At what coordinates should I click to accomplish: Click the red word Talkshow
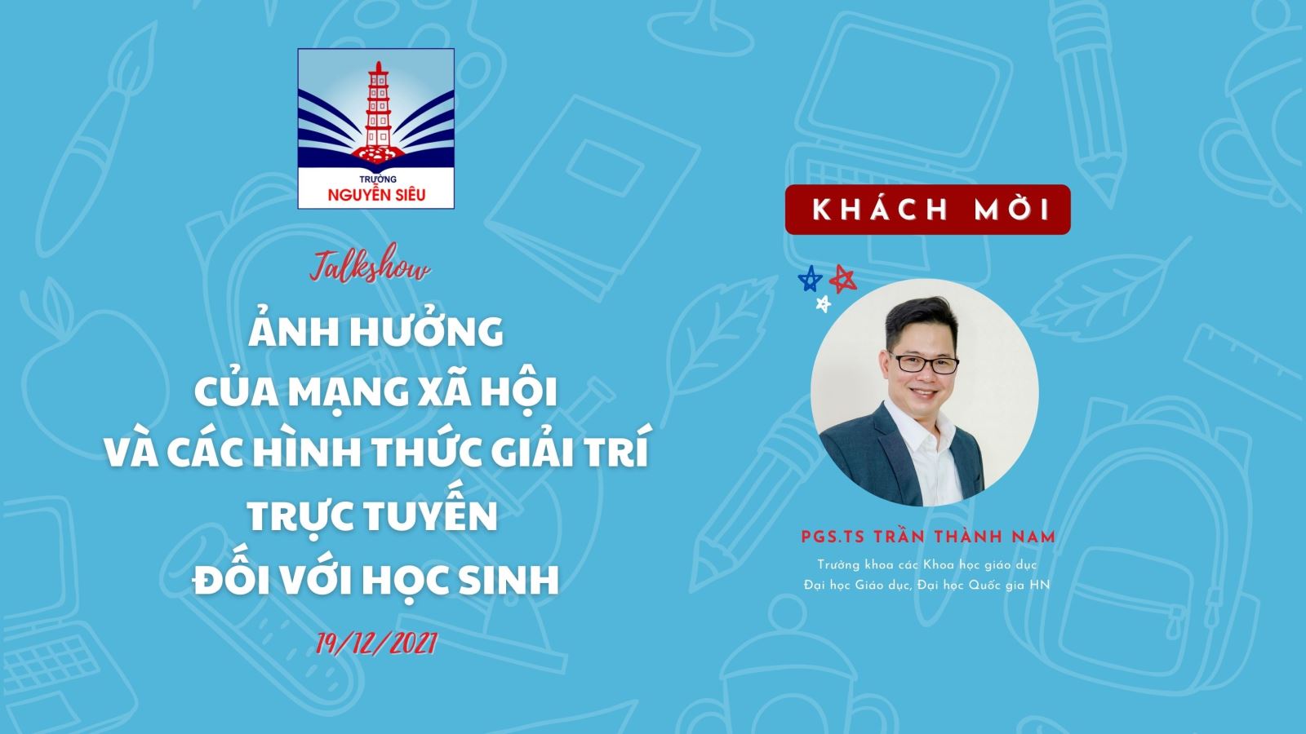tap(371, 269)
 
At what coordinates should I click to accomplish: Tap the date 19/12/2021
tap(376, 643)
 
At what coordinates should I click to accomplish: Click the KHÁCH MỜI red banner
tap(927, 210)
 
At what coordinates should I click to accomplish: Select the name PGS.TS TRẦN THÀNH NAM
tap(928, 537)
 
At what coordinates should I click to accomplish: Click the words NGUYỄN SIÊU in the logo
tap(376, 194)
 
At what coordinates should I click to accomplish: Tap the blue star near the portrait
tap(811, 278)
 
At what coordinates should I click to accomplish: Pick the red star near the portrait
tap(843, 279)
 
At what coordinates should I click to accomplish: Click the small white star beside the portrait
tap(824, 303)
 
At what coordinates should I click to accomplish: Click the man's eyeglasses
tap(923, 363)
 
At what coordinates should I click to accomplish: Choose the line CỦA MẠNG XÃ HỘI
tap(376, 391)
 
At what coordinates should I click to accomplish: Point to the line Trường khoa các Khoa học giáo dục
tap(927, 564)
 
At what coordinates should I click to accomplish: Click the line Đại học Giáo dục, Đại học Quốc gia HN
tap(926, 585)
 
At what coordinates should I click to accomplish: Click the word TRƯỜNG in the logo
tap(377, 179)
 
